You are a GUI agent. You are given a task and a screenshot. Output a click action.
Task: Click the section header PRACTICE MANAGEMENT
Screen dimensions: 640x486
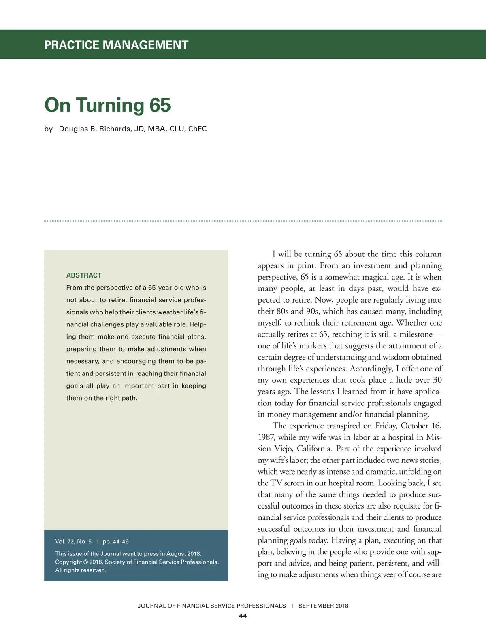click(x=116, y=45)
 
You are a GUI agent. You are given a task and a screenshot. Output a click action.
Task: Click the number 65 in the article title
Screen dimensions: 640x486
click(x=160, y=105)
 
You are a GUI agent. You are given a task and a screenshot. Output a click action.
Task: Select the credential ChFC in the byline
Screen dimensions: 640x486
click(x=197, y=129)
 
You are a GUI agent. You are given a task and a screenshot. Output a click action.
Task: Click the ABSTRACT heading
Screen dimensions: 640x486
click(x=84, y=275)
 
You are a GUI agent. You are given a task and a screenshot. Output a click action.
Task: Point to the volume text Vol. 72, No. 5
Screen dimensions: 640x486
click(x=73, y=541)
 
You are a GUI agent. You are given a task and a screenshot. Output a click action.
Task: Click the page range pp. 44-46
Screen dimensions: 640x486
click(x=115, y=541)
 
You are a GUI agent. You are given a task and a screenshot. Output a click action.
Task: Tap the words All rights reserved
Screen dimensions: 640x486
click(x=81, y=570)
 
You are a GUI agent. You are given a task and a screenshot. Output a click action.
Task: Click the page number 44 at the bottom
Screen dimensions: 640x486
click(x=243, y=616)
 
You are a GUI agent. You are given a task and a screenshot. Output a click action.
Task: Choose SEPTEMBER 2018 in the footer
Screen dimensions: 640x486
click(x=323, y=606)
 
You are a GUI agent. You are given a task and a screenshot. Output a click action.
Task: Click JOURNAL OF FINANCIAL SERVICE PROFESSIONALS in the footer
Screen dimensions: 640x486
click(x=211, y=606)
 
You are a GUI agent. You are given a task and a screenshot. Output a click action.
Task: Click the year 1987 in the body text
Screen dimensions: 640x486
click(x=266, y=437)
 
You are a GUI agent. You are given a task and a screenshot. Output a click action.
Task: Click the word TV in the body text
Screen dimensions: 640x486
click(x=276, y=483)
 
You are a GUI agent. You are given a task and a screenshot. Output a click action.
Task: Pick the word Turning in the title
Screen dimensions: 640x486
click(x=110, y=105)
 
